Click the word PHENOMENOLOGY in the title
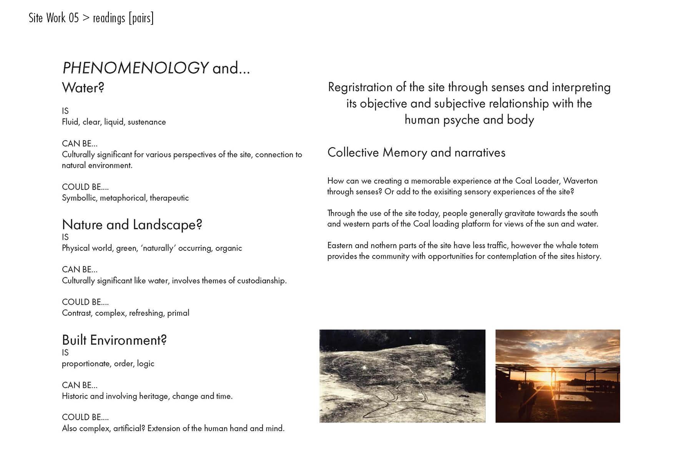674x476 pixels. pyautogui.click(x=135, y=68)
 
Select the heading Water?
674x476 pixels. pyautogui.click(x=83, y=88)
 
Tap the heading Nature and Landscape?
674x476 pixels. pyautogui.click(x=132, y=225)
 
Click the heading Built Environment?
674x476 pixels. pyautogui.click(x=114, y=340)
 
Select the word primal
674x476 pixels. pyautogui.click(x=178, y=313)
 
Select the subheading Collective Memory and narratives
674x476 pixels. pyautogui.click(x=416, y=153)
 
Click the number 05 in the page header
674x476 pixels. pyautogui.click(x=73, y=18)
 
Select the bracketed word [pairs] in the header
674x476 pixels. pyautogui.click(x=141, y=18)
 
